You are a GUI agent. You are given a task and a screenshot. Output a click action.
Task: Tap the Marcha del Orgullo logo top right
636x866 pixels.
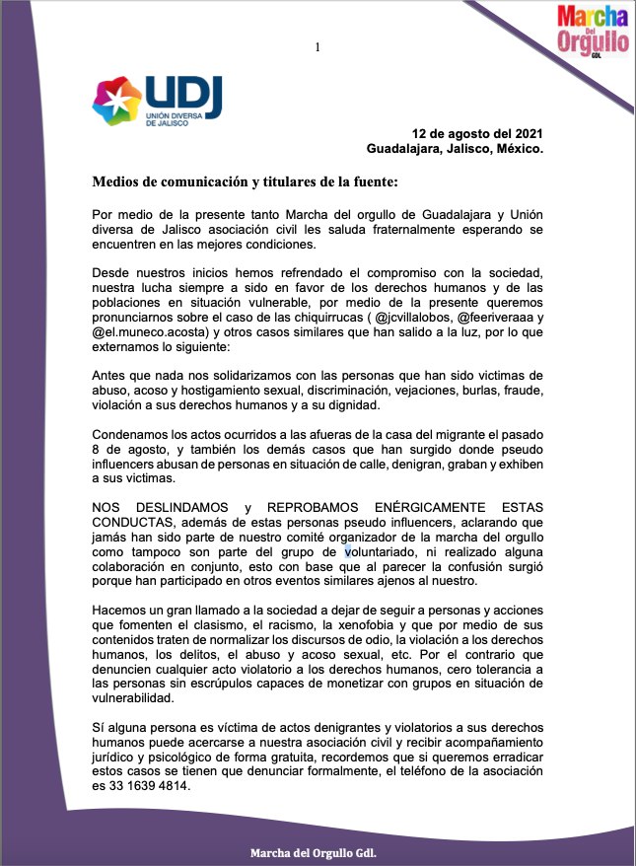592,30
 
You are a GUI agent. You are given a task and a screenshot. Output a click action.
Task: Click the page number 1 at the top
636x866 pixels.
318,47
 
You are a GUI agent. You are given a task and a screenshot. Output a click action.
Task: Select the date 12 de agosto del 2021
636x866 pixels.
477,133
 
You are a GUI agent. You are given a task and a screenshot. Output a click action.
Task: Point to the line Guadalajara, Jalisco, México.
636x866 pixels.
455,149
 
